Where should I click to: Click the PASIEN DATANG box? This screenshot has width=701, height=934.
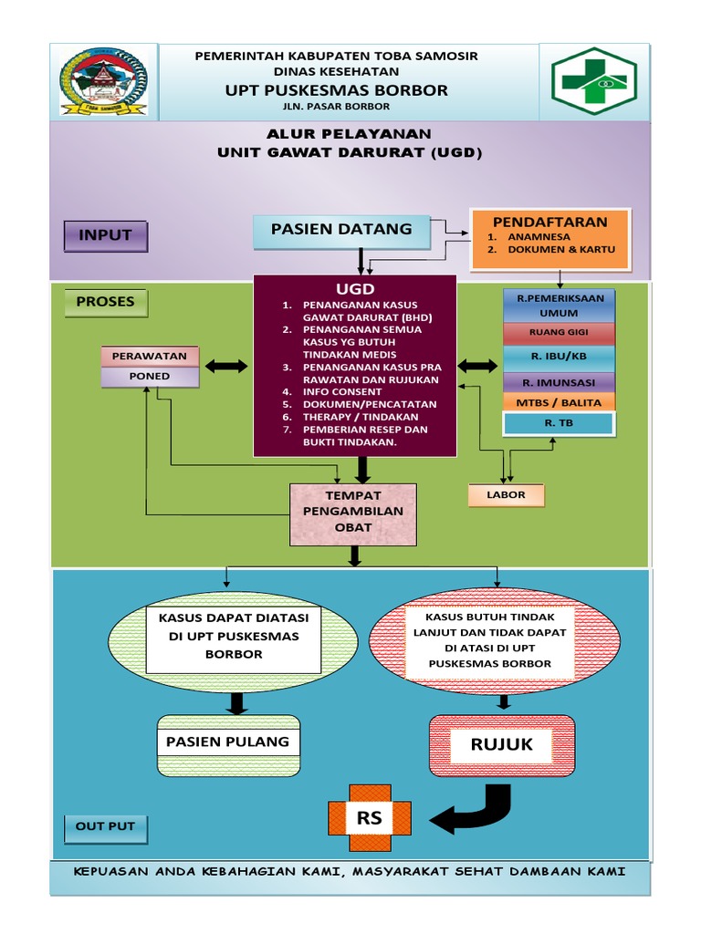pyautogui.click(x=341, y=232)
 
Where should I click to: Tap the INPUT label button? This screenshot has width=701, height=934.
pyautogui.click(x=105, y=235)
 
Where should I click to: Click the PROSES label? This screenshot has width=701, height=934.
pyautogui.click(x=105, y=302)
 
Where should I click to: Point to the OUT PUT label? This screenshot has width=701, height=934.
pyautogui.click(x=105, y=826)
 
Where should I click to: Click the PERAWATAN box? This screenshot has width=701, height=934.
pyautogui.click(x=149, y=356)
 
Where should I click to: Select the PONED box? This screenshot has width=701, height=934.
pyautogui.click(x=149, y=376)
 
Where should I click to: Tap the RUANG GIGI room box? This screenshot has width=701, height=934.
pyautogui.click(x=559, y=333)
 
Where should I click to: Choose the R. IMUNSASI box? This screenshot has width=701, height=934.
pyautogui.click(x=559, y=382)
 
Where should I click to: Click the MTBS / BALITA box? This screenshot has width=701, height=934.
pyautogui.click(x=559, y=402)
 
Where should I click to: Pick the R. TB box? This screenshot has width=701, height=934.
pyautogui.click(x=559, y=424)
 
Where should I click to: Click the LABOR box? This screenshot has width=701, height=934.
pyautogui.click(x=507, y=495)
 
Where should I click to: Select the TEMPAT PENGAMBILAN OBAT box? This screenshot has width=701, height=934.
pyautogui.click(x=352, y=513)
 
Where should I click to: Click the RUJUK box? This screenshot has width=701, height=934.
pyautogui.click(x=501, y=746)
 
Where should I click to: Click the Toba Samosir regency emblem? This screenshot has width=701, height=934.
pyautogui.click(x=103, y=82)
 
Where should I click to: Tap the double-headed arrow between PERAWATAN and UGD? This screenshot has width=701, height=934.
pyautogui.click(x=226, y=366)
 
